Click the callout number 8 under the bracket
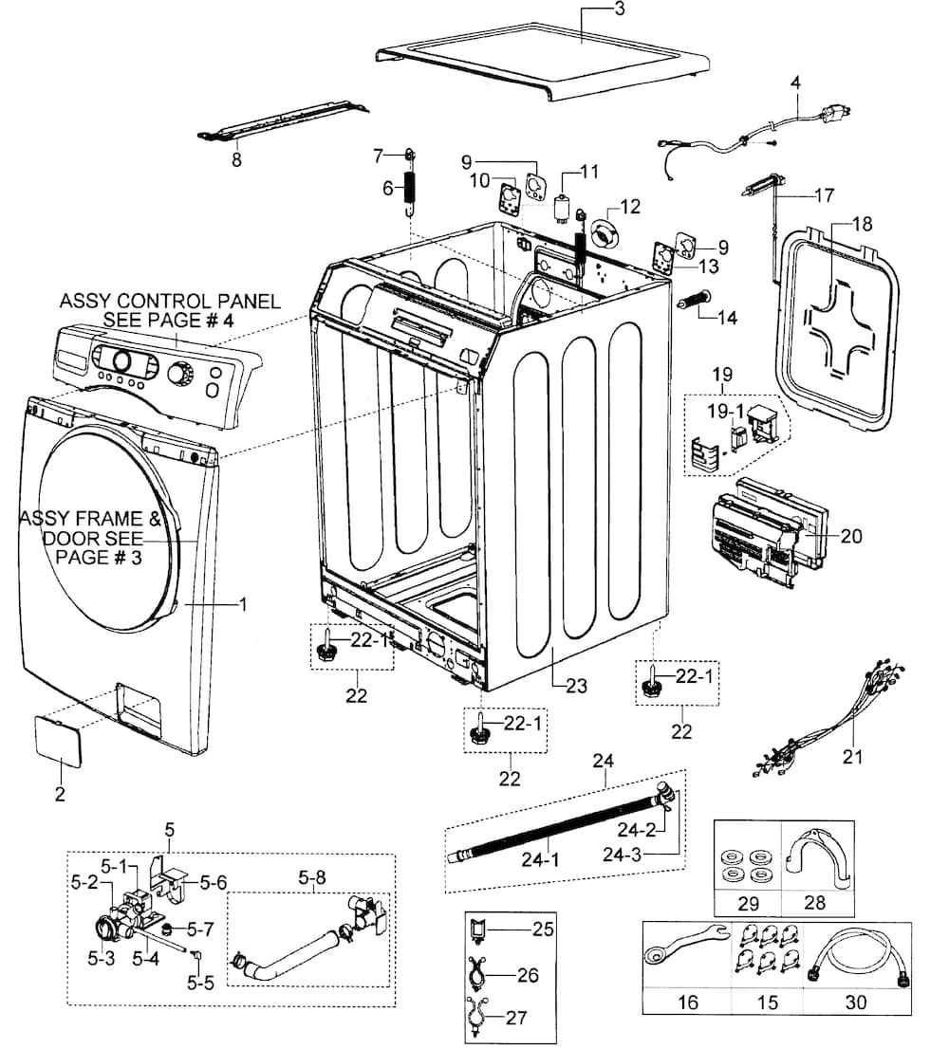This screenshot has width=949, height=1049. (x=236, y=160)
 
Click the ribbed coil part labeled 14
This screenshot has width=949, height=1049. (x=693, y=302)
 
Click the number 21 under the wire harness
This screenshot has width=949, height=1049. (x=852, y=757)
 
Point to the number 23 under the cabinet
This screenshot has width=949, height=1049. (x=576, y=686)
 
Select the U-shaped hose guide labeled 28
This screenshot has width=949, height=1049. (x=818, y=858)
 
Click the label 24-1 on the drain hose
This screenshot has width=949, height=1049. (x=540, y=859)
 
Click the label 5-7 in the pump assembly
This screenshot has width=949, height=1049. (x=200, y=929)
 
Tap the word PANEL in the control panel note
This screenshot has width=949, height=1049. (x=244, y=301)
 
